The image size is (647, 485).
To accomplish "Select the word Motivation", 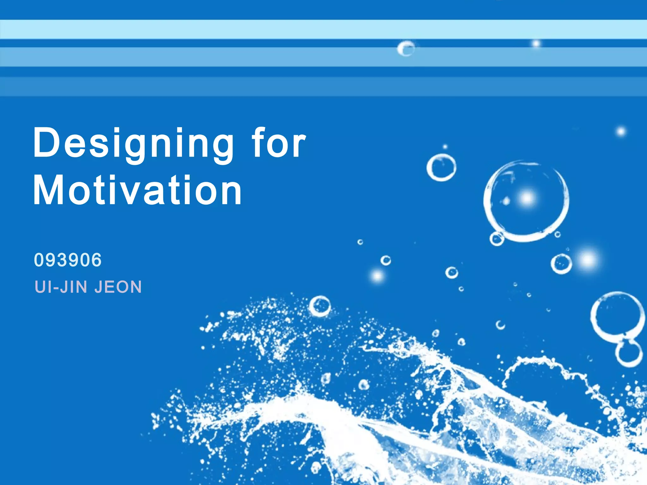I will click(137, 191).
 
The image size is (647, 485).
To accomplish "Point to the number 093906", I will click(68, 260).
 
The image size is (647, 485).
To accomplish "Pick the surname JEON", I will click(118, 287).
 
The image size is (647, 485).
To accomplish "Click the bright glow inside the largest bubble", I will click(527, 198).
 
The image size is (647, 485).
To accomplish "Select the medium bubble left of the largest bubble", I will click(441, 168).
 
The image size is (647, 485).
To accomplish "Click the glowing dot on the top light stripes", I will click(536, 43).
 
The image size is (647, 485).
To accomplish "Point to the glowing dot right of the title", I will click(621, 131).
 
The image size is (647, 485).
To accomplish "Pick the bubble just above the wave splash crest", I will click(320, 306).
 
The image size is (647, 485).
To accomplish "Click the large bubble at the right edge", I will click(618, 314).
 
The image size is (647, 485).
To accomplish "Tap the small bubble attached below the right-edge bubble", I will click(629, 353).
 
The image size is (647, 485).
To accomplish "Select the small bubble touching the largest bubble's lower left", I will click(497, 238).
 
